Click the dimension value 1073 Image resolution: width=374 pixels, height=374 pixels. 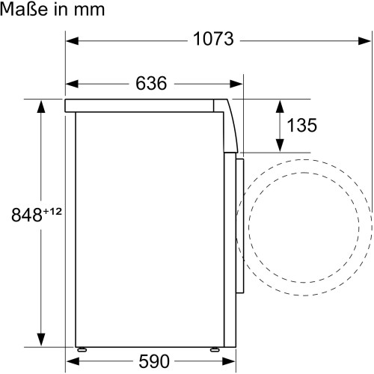pyautogui.click(x=214, y=40)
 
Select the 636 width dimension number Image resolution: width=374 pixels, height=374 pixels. pyautogui.click(x=151, y=82)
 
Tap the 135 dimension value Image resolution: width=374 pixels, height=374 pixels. pyautogui.click(x=302, y=126)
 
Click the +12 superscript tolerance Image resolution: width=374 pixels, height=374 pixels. pyautogui.click(x=51, y=212)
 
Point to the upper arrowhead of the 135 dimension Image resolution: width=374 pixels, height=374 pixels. pyautogui.click(x=279, y=103)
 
